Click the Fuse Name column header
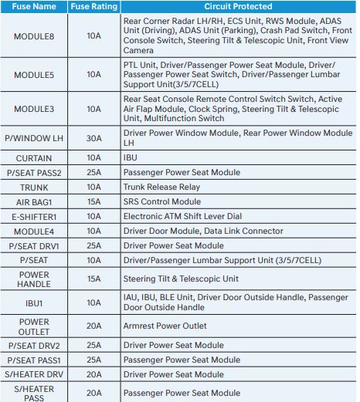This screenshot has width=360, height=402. click(x=35, y=7)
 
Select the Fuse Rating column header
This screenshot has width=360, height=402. click(x=94, y=7)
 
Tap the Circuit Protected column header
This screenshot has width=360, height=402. click(x=236, y=7)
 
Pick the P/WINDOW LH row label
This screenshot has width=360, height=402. click(x=35, y=139)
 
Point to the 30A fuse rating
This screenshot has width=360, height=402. click(x=94, y=139)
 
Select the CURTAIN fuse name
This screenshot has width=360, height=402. click(x=35, y=157)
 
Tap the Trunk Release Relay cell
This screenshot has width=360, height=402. click(x=161, y=187)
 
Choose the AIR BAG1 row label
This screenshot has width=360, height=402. click(x=35, y=201)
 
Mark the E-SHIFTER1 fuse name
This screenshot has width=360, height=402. click(x=35, y=217)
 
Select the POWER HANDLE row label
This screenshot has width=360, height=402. click(x=35, y=279)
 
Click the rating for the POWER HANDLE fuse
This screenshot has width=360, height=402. click(x=94, y=279)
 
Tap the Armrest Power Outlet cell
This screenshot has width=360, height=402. click(x=165, y=326)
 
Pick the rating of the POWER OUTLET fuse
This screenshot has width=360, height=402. click(x=94, y=326)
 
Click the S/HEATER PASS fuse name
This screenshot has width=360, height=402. click(x=35, y=394)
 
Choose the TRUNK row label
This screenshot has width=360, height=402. click(x=35, y=187)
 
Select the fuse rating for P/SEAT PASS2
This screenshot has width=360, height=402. click(x=94, y=172)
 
